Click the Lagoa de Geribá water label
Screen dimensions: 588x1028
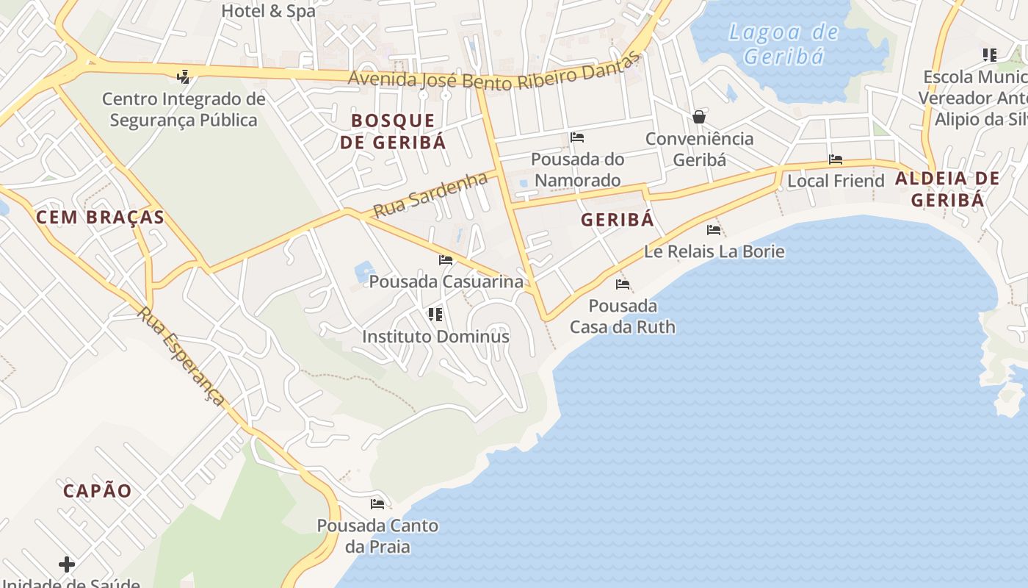[783, 44]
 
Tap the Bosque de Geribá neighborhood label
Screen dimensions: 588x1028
[393, 132]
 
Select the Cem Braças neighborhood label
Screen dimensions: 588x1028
[100, 217]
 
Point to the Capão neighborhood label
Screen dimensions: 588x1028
[98, 491]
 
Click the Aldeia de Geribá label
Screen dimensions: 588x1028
[947, 189]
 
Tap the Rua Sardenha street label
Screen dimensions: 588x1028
[430, 195]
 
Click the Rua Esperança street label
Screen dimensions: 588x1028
[181, 356]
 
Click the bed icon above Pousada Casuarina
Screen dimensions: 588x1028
[446, 259]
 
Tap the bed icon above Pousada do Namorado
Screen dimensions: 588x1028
[577, 137]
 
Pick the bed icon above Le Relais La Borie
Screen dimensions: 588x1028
[713, 230]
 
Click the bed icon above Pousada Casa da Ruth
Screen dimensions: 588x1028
[623, 284]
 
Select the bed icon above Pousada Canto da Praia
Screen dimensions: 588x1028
[377, 504]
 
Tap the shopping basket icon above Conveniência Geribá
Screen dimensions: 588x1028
[699, 117]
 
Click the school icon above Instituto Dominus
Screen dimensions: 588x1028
[435, 315]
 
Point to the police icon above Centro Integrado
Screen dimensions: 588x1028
[184, 76]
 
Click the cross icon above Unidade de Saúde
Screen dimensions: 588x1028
[67, 564]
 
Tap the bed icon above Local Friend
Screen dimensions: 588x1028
[836, 159]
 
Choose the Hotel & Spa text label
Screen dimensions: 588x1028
[268, 11]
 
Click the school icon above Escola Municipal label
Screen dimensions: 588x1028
[990, 55]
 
